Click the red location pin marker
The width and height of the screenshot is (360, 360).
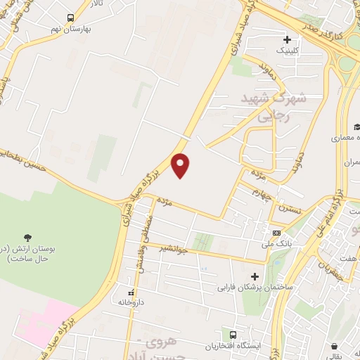tap(181, 165)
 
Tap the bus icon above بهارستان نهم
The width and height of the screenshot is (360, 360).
tap(70, 18)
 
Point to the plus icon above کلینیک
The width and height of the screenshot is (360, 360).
tap(287, 39)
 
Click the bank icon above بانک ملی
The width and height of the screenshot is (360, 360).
tap(277, 233)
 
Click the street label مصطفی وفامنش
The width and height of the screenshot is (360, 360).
tap(141, 254)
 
